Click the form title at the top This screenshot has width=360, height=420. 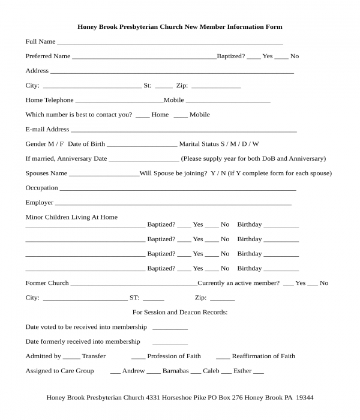click(x=180, y=27)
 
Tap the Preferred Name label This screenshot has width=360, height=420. click(x=47, y=56)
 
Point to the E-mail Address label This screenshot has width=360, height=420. click(x=47, y=130)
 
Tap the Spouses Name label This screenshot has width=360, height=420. click(x=46, y=173)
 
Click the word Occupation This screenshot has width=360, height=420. click(x=41, y=188)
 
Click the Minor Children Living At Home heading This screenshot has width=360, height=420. click(x=71, y=217)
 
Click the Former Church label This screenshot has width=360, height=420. click(x=47, y=283)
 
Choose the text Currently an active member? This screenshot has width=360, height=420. click(x=238, y=283)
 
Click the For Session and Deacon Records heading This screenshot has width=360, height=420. click(x=180, y=313)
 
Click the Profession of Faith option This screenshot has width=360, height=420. click(x=173, y=356)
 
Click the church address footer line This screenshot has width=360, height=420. click(x=180, y=398)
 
